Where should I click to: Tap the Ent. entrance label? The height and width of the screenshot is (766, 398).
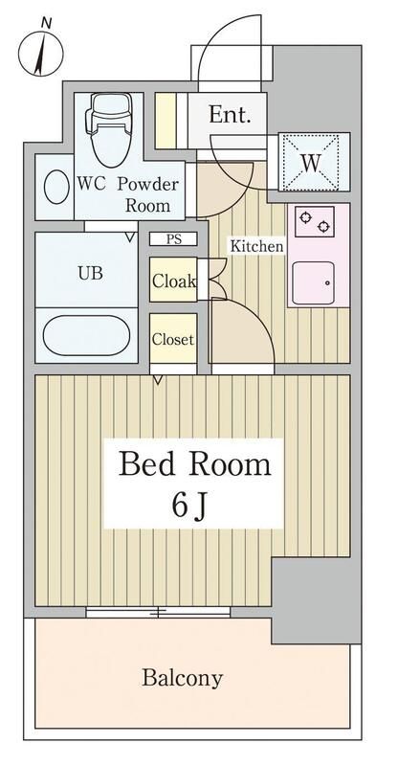(231, 116)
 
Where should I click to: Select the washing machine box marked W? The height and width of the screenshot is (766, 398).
(310, 163)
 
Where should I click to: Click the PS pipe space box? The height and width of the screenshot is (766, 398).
(173, 240)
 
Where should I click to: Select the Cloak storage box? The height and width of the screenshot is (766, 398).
(173, 282)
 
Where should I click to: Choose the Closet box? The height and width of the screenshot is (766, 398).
(173, 339)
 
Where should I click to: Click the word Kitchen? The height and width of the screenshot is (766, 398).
(255, 247)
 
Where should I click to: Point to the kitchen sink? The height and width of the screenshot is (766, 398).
(313, 283)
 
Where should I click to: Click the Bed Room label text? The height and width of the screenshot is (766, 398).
(194, 465)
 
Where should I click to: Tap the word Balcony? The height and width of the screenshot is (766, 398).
(183, 679)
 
